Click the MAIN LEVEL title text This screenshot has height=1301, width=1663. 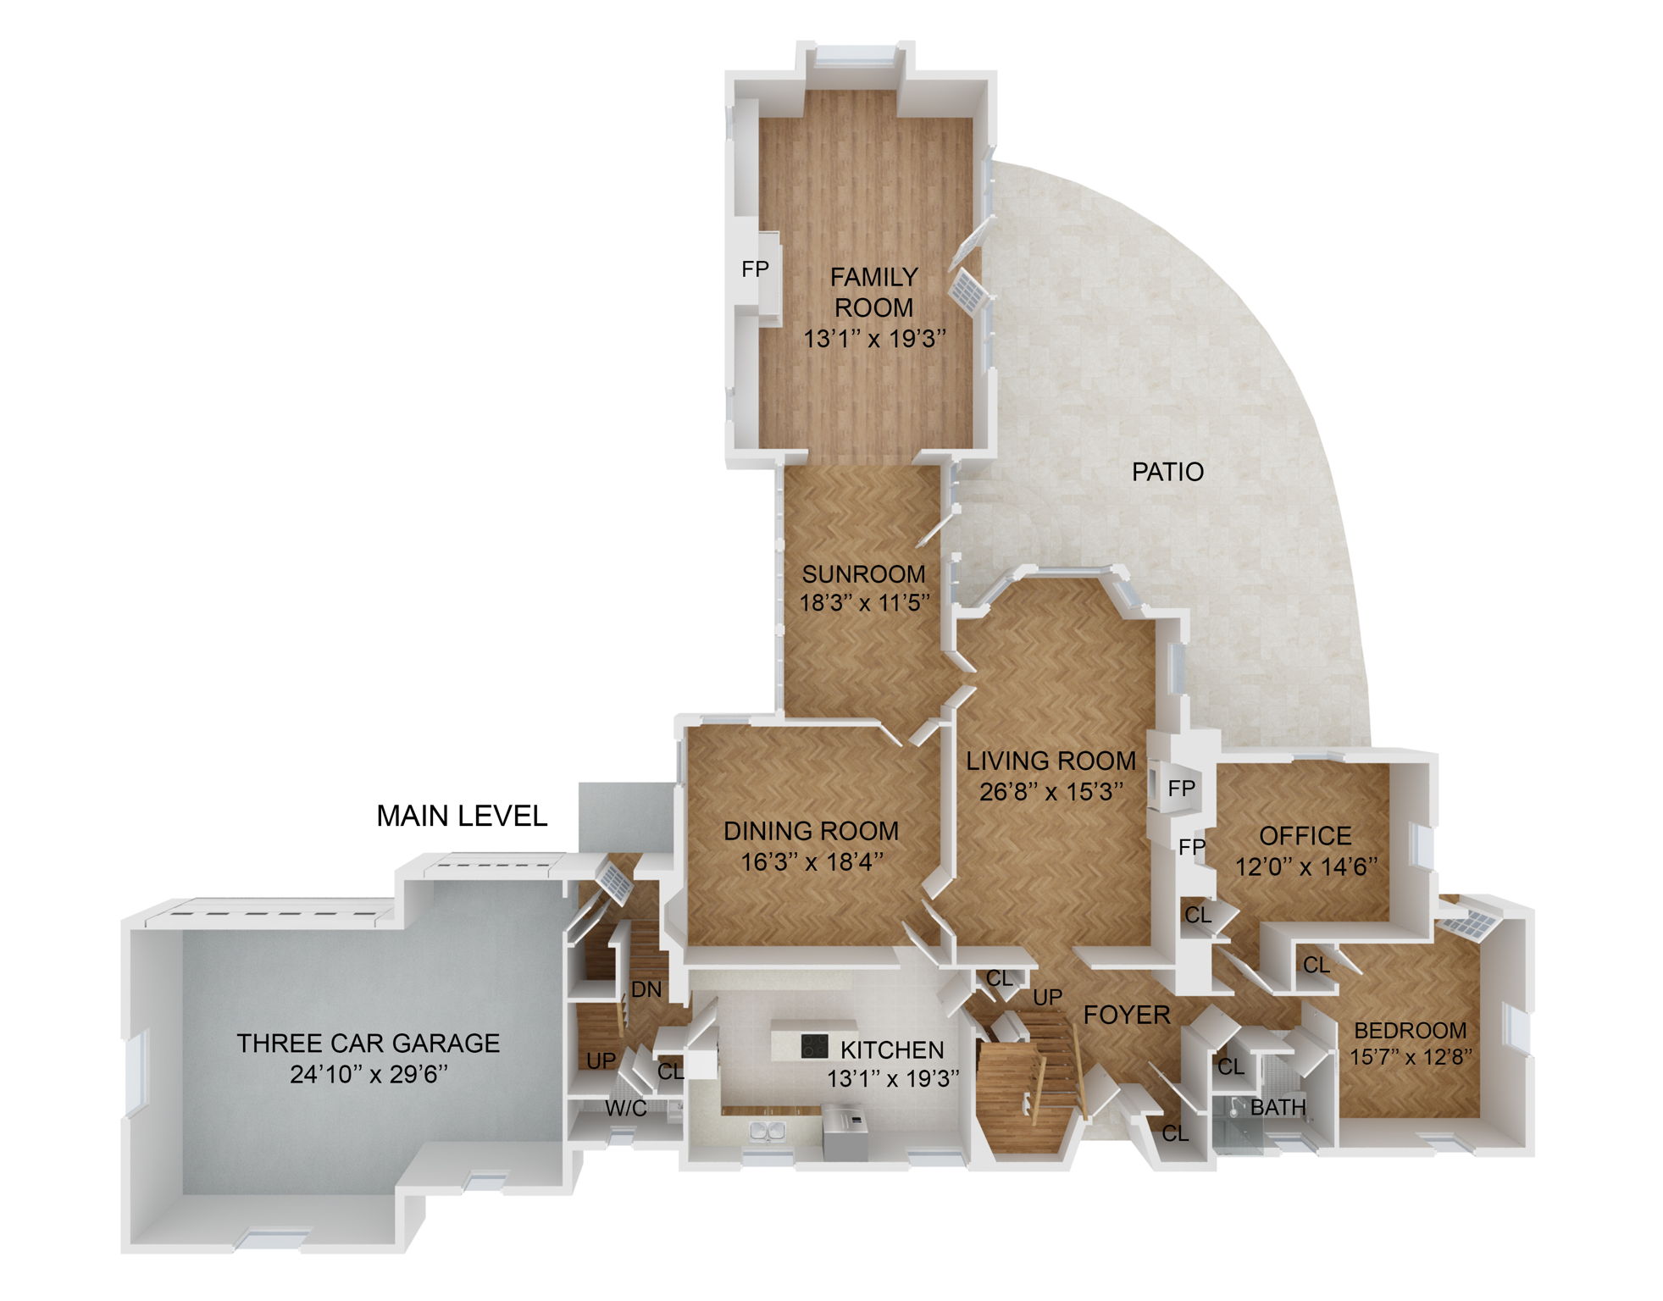click(x=462, y=816)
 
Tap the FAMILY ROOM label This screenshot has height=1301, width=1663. click(x=873, y=292)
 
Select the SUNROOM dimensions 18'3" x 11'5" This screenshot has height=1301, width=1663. click(x=865, y=603)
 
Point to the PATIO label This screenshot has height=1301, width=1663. click(x=1167, y=472)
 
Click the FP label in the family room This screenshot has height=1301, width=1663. click(x=755, y=269)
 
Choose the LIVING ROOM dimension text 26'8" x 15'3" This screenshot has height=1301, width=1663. click(x=1051, y=792)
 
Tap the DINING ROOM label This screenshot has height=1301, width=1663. click(x=811, y=831)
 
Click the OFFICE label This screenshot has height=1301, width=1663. click(x=1305, y=836)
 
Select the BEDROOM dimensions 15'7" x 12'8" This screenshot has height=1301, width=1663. click(x=1411, y=1057)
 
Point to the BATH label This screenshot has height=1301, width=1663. click(x=1278, y=1107)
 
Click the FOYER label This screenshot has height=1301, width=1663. click(x=1127, y=1015)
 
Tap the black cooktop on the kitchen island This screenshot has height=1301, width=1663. click(x=814, y=1047)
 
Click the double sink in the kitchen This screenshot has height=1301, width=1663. click(x=768, y=1130)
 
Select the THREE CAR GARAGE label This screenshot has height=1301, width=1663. click(x=369, y=1043)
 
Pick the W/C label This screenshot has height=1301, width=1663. click(x=626, y=1108)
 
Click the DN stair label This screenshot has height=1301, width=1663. click(x=646, y=989)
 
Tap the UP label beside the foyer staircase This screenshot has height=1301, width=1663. click(x=1047, y=997)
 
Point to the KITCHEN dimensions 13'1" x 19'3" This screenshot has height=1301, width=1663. click(x=893, y=1078)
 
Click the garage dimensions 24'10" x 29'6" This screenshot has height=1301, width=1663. click(x=369, y=1074)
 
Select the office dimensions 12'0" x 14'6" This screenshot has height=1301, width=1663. click(x=1305, y=866)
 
